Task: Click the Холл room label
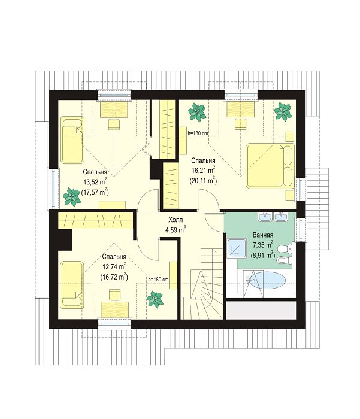tap(176, 220)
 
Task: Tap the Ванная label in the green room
tap(262, 235)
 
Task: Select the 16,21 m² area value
tap(203, 170)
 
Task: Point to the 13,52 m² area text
tap(95, 182)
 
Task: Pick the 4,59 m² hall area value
tap(176, 229)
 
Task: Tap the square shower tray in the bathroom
tap(237, 248)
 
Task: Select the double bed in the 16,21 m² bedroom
tap(270, 165)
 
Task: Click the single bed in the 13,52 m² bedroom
tap(72, 139)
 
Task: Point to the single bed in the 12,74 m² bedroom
tap(72, 284)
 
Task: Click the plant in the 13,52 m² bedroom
tap(72, 196)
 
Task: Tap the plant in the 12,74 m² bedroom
tap(155, 299)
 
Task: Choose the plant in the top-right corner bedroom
tap(283, 111)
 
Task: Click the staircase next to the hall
tap(202, 283)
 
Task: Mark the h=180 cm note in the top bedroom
tap(198, 133)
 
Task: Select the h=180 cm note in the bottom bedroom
tap(158, 280)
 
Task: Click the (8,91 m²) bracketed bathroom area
tap(262, 255)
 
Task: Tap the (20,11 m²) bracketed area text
tap(203, 181)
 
